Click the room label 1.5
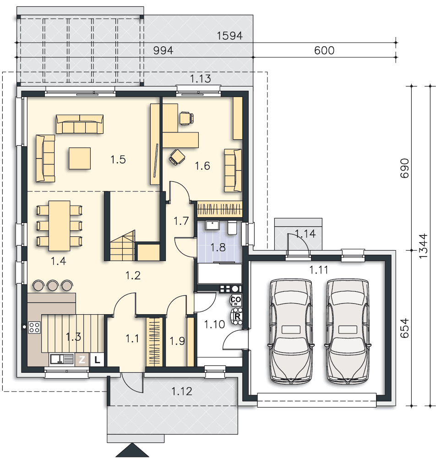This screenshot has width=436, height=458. coord(118,159)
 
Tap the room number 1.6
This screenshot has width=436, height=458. coord(202,166)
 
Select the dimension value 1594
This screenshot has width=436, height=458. coord(229,36)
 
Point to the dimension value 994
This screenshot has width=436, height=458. coord(163,50)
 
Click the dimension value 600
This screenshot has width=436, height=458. coord(324,50)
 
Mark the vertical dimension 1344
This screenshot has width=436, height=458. coord(423,246)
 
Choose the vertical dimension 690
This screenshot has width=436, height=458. coord(404,168)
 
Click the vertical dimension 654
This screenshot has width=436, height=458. coord(404,328)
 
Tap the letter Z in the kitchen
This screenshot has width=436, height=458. coord(82,359)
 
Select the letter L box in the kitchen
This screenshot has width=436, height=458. coord(97,359)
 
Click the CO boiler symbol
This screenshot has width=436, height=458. coord(236,300)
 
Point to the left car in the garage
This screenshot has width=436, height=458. coord(291,331)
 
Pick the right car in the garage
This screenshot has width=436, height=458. coord(348,331)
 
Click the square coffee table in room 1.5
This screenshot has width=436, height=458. coord(80,158)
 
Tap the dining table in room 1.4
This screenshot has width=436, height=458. coord(59,225)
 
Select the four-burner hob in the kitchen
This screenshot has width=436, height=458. coord(34,327)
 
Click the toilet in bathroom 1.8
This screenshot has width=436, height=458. coord(232,228)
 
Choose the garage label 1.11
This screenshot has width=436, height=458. coord(319,270)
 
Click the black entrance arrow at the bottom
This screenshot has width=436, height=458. coord(132,450)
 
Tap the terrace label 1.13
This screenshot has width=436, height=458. coord(200,79)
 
